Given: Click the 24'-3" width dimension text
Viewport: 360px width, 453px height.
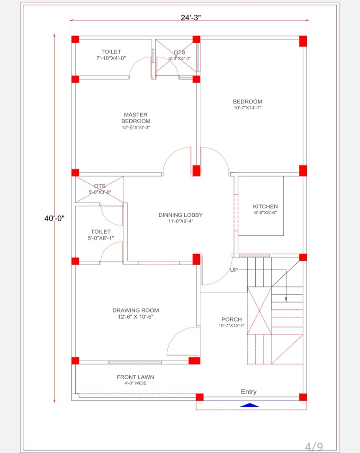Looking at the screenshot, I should point(191,18).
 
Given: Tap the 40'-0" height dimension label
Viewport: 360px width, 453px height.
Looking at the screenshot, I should point(54,218).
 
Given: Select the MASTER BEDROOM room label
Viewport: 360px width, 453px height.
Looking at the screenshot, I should point(135,118).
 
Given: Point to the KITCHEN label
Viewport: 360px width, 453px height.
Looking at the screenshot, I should point(265,206).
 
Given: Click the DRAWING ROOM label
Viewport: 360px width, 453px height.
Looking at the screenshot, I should point(135,311).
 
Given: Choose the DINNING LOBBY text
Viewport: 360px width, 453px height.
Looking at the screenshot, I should point(180,215).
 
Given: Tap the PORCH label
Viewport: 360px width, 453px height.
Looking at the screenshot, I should point(231,320).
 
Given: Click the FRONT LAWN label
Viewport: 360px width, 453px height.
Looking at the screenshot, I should point(135,377).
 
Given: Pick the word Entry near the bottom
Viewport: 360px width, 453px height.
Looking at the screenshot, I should point(249,391).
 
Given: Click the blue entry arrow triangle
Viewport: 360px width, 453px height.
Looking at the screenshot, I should point(250,405).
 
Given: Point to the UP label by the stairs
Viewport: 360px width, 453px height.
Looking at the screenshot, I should point(234,270).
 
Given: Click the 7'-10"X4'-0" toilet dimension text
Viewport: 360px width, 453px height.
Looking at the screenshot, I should point(111,58).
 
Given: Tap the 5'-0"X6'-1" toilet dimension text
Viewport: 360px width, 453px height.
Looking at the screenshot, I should point(100,238).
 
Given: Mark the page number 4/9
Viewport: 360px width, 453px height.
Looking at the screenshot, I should point(314,446).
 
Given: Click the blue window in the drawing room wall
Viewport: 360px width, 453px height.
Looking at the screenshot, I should point(135,362).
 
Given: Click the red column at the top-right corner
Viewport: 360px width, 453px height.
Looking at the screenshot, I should point(303,41).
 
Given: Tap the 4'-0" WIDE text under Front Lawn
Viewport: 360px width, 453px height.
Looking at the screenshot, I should point(135,383).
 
